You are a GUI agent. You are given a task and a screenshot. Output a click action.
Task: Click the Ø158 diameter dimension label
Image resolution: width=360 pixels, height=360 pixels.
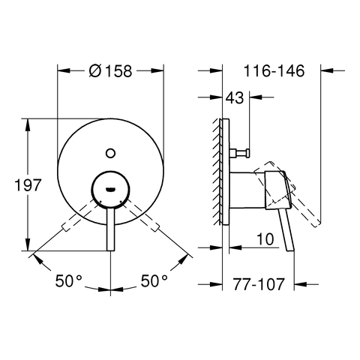[x=110, y=70]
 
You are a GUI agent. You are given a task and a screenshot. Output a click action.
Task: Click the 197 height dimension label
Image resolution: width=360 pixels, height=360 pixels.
[x=28, y=185]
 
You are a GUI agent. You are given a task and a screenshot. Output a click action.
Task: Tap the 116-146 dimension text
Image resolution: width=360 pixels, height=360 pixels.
[x=274, y=70]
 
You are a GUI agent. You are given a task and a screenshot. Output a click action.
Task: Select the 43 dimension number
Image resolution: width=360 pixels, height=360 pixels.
[x=235, y=97]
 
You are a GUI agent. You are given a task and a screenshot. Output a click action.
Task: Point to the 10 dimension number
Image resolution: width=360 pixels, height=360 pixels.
[x=265, y=239]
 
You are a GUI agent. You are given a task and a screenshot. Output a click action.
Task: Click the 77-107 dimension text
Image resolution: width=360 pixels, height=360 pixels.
[x=259, y=284]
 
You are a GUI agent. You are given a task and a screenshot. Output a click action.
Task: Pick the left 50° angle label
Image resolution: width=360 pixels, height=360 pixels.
[x=69, y=280]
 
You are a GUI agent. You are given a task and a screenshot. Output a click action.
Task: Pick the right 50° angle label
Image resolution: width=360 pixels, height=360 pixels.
[x=154, y=280]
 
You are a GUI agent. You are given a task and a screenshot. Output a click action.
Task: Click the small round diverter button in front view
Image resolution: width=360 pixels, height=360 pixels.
[x=110, y=153]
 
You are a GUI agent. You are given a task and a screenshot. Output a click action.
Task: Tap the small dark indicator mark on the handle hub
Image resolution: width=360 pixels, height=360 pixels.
[x=110, y=190]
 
